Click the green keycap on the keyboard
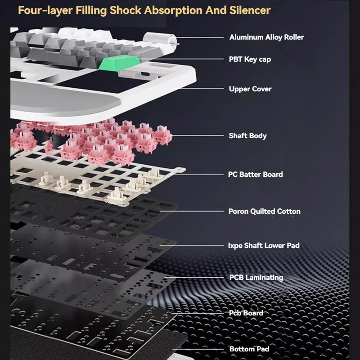click(119, 63)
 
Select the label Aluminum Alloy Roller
click(266, 37)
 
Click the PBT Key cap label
click(250, 59)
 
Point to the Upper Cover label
click(250, 89)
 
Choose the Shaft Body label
click(248, 136)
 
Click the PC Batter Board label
click(255, 174)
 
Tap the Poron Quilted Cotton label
click(264, 211)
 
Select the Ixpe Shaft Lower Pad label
click(264, 245)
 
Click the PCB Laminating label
click(256, 277)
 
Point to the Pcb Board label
click(246, 313)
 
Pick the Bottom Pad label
click(249, 349)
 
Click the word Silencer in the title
click(250, 10)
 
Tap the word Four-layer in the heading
click(45, 10)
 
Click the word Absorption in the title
click(173, 10)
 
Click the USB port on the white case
click(145, 74)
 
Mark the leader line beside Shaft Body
click(198, 136)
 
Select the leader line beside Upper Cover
click(202, 89)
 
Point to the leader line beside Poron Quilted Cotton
click(192, 211)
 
